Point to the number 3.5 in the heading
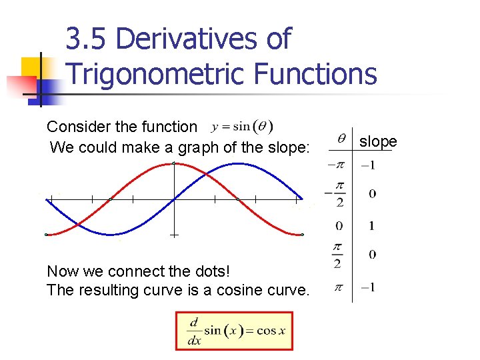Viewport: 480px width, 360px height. [x=88, y=39]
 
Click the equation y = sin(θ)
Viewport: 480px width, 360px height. [x=241, y=126]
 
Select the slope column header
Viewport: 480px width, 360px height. [x=378, y=141]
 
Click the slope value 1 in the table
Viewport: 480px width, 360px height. [x=371, y=226]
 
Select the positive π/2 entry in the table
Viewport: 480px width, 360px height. [x=338, y=255]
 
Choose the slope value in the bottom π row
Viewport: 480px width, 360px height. [x=367, y=288]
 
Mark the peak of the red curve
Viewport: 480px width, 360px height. [x=174, y=163]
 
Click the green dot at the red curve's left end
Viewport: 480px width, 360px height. [x=46, y=235]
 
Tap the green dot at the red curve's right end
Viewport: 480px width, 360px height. [x=302, y=235]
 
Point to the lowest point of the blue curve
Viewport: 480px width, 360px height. [x=109, y=234]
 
